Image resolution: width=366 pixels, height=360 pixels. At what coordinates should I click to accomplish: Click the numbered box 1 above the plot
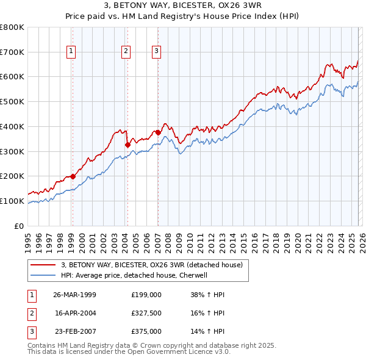point(72,52)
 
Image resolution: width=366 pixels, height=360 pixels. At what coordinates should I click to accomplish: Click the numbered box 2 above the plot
point(126,52)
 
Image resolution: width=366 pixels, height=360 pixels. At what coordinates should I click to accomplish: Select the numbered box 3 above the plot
point(157,52)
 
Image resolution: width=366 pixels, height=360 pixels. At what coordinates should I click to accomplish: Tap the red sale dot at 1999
point(73,176)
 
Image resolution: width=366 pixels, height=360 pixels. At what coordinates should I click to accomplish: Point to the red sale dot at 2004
point(127,145)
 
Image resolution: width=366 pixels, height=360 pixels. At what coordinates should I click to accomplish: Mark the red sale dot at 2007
point(158,132)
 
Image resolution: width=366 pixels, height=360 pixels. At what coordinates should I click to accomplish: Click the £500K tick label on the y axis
point(12,101)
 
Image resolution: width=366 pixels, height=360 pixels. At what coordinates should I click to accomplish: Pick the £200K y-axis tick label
point(12,176)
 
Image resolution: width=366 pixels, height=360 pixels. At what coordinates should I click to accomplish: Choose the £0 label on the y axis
point(18,226)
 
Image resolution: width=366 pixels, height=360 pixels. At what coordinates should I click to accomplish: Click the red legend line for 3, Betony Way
point(43,265)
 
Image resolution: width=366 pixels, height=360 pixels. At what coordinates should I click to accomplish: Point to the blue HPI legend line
point(43,275)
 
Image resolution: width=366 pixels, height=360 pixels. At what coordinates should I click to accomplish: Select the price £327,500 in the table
point(146,313)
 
